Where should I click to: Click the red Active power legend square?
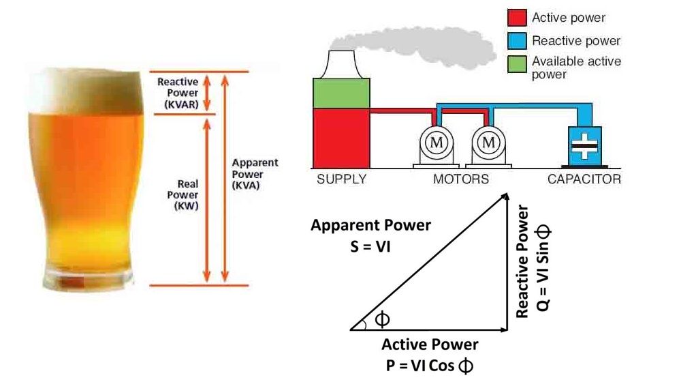517,18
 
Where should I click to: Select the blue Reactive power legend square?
517,41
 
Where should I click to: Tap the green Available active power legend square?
517,64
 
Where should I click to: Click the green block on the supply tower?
341,93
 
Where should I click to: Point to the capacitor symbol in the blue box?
584,146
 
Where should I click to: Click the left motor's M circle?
437,143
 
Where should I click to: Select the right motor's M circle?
488,143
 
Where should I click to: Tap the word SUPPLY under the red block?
342,179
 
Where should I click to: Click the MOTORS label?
461,179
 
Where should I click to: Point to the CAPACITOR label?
584,179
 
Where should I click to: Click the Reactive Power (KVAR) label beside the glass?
178,93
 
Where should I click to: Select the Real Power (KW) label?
183,195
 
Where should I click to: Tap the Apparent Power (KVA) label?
255,174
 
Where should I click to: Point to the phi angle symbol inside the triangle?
382,319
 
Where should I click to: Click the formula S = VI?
370,247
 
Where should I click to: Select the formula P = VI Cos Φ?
430,366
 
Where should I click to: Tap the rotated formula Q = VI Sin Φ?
543,267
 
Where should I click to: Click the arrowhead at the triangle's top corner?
505,196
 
